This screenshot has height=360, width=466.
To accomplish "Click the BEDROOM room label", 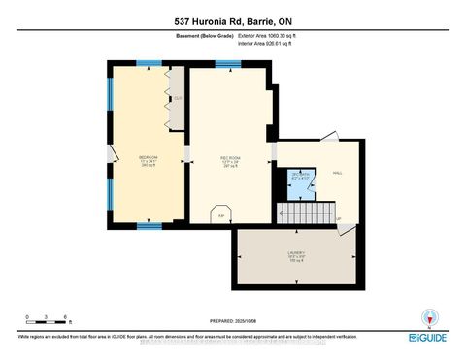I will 148,160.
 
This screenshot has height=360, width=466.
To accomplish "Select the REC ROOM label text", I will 230,160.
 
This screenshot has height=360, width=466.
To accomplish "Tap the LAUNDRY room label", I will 296,255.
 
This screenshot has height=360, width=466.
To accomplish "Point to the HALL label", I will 338,172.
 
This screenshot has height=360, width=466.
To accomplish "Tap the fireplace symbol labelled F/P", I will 220,215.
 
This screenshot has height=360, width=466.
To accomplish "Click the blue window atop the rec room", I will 228,65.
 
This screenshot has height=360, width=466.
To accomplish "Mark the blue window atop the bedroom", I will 148,63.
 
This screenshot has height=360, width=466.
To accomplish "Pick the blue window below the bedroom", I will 149,226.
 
